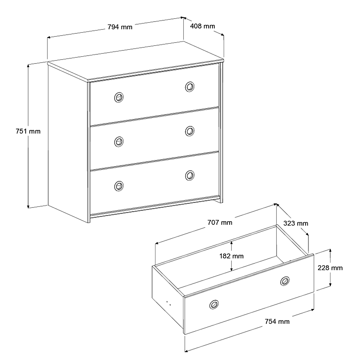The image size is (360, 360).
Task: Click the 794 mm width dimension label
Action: [120, 27]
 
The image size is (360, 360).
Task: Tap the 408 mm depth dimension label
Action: [203, 26]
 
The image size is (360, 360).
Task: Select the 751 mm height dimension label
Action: [28, 131]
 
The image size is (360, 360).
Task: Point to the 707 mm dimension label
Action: [220, 223]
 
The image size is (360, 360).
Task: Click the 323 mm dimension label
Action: [296, 224]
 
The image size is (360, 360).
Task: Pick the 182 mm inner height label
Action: [231, 256]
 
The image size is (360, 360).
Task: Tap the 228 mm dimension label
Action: [330, 268]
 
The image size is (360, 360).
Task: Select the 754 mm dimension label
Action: [277, 321]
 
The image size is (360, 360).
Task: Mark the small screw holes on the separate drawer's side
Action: [169, 303]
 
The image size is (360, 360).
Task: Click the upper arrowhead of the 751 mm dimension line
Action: [28, 66]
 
